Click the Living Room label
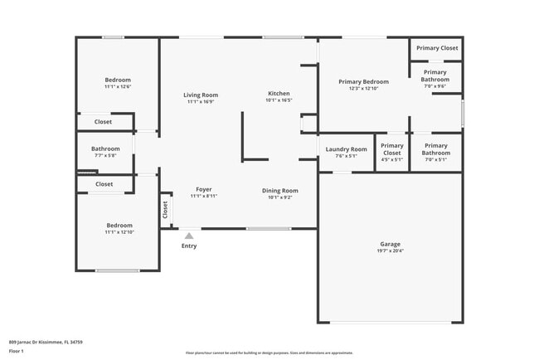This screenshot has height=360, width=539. (x=201, y=95)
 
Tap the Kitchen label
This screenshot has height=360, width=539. (x=279, y=93)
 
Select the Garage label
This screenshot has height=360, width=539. (x=390, y=244)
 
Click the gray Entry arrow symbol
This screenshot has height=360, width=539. (x=189, y=236)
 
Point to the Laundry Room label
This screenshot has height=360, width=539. (x=346, y=149)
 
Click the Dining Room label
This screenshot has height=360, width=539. (x=279, y=191)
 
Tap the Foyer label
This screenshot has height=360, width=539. (x=203, y=189)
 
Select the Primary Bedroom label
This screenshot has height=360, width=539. (x=363, y=81)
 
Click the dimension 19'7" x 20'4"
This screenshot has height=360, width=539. (x=390, y=251)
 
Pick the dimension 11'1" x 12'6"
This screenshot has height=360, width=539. (x=118, y=87)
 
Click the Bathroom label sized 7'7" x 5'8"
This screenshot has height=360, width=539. (x=105, y=148)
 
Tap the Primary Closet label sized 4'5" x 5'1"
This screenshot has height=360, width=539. (x=391, y=149)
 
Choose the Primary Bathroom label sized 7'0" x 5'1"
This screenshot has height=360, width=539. (x=435, y=149)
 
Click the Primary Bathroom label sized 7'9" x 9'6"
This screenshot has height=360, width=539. (x=435, y=75)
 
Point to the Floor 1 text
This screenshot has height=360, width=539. (x=16, y=351)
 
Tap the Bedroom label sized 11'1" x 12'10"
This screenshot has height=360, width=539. (x=119, y=225)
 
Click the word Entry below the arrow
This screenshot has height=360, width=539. (x=189, y=246)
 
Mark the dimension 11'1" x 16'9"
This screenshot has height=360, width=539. (x=201, y=102)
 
